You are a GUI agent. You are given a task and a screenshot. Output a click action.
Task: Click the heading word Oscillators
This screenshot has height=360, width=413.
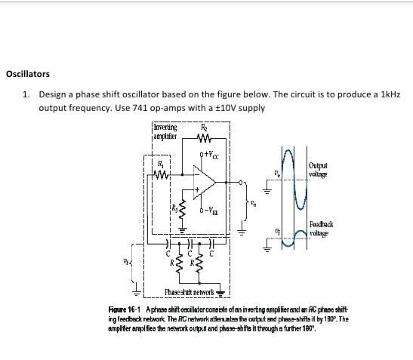tap(28, 74)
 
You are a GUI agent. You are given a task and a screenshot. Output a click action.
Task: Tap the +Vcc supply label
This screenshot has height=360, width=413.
tap(211, 156)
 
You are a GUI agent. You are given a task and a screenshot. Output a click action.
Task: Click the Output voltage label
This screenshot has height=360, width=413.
tap(318, 168)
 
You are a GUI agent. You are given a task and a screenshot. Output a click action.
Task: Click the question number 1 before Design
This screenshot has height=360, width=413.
tap(25, 95)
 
